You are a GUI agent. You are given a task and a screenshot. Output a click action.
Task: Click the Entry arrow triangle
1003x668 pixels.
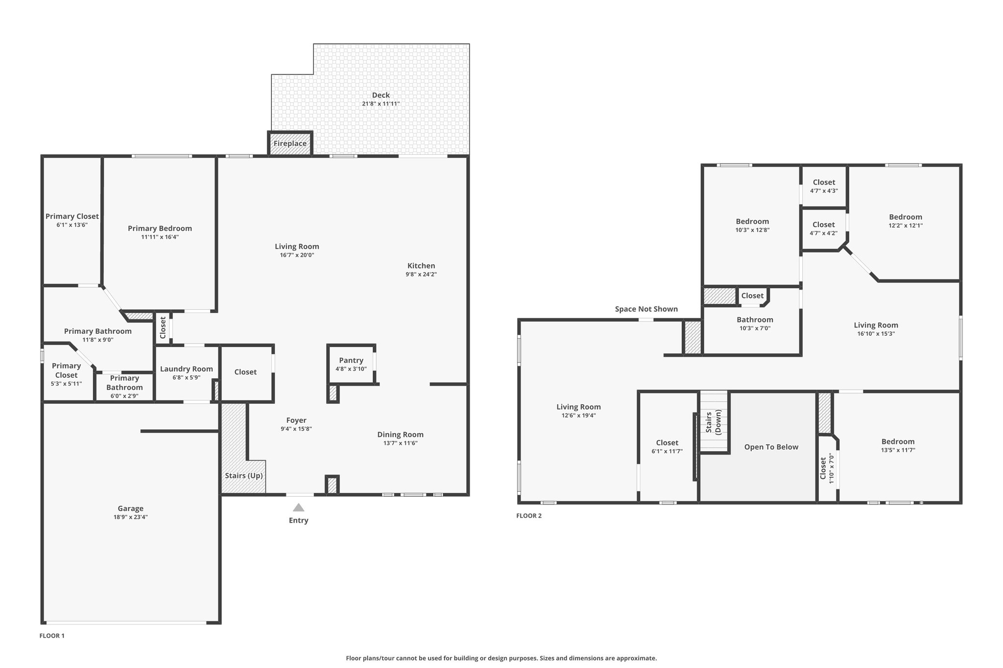click(298, 507)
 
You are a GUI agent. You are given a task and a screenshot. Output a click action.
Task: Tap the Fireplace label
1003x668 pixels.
click(290, 143)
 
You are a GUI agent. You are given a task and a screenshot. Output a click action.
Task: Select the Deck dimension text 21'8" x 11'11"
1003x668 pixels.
click(381, 104)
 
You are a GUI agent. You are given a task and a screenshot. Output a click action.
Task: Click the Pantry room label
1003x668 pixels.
click(351, 361)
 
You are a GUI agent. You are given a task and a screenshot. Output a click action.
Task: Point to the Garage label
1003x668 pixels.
click(131, 508)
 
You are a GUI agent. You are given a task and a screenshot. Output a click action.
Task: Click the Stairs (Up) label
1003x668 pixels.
click(244, 476)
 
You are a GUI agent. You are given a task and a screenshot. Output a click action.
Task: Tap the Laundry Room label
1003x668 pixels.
click(187, 369)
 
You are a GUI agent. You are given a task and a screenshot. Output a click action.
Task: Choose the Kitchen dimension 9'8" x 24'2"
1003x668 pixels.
click(421, 275)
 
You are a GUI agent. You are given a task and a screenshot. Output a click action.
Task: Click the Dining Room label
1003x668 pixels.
click(401, 435)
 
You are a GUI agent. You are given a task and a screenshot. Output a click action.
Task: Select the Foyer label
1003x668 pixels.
click(296, 420)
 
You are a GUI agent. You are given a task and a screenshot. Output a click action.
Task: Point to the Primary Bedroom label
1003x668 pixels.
click(160, 229)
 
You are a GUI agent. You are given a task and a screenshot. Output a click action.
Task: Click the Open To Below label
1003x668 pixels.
click(771, 447)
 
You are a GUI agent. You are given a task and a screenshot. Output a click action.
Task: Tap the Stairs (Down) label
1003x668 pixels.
click(714, 422)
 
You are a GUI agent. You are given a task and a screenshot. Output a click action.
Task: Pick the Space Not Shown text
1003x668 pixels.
click(646, 309)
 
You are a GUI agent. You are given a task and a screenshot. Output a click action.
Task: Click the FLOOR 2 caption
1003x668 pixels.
click(529, 516)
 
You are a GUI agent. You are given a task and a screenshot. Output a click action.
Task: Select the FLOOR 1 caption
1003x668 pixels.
click(52, 636)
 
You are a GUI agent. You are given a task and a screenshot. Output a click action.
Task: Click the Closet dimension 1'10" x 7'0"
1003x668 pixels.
click(831, 468)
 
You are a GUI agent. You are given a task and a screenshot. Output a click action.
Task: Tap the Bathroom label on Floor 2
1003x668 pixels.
click(755, 320)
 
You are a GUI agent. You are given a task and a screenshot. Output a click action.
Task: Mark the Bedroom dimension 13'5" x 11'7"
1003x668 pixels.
click(898, 450)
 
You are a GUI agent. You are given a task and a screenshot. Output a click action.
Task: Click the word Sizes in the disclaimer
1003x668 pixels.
click(549, 658)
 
